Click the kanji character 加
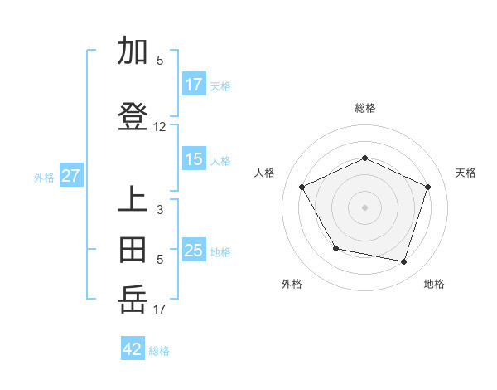[x=133, y=51]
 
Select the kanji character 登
[x=133, y=118]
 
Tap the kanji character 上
[x=133, y=201]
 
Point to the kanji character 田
[x=133, y=250]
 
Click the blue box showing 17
[x=194, y=84]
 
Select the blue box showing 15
[x=194, y=159]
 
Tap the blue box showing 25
[x=194, y=250]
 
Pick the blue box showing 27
[x=70, y=176]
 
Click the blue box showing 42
[x=133, y=349]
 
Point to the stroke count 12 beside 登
[x=160, y=127]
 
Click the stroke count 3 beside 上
[x=160, y=210]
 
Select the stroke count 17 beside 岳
[x=160, y=309]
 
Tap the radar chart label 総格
[x=365, y=108]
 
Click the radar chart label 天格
[x=466, y=173]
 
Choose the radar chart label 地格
[x=434, y=284]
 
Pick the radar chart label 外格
[x=292, y=284]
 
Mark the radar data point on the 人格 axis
[x=302, y=187]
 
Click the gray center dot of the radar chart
[x=364, y=207]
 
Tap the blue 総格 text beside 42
[x=159, y=351]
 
